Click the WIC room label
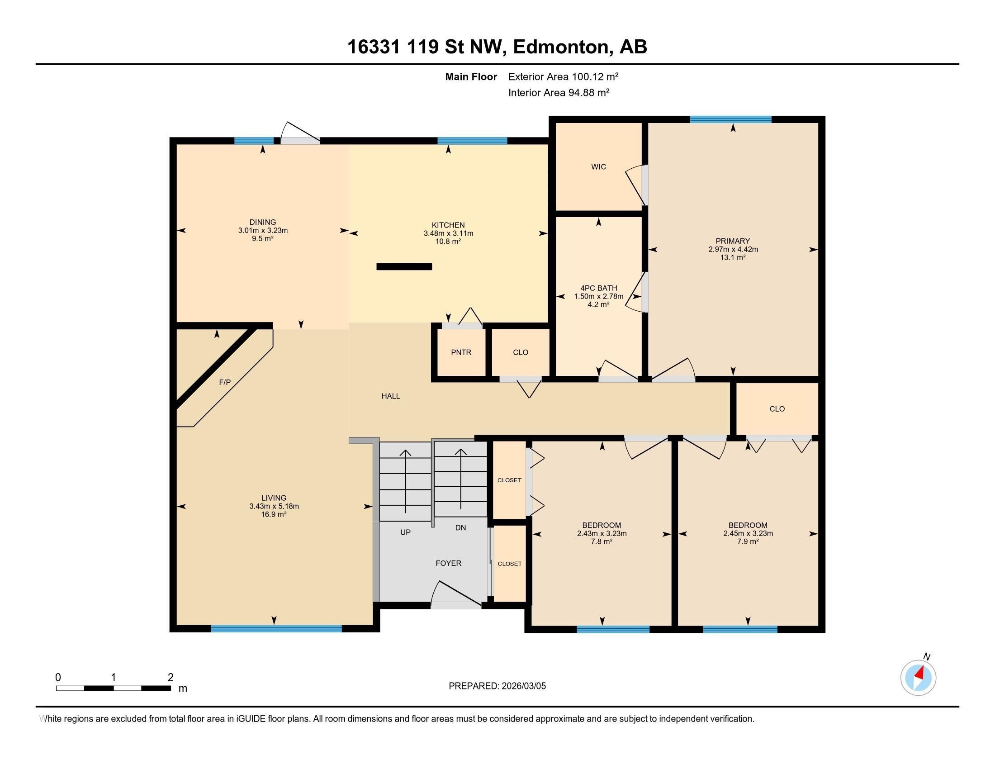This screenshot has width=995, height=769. point(599,167)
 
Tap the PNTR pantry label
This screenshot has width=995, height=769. point(461,352)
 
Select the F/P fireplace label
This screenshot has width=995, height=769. point(225,382)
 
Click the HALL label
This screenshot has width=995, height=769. point(391,396)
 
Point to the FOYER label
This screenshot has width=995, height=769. point(449,563)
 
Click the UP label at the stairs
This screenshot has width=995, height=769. point(406,532)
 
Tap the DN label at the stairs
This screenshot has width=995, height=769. point(460,527)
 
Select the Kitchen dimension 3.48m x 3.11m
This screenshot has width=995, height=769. point(448,233)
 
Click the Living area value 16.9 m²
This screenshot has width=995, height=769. point(274,514)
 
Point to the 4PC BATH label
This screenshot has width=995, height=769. point(599,288)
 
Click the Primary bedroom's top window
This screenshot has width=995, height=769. point(731,119)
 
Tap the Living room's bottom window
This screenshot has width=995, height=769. point(276,629)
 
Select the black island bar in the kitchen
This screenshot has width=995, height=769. point(404,266)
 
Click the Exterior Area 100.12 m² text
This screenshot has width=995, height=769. point(564,76)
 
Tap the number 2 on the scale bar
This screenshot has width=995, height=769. point(171,677)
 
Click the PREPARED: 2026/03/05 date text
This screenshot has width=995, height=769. point(497,686)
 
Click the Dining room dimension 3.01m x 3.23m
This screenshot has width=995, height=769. point(263,231)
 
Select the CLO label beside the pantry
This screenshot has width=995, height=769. point(521,352)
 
